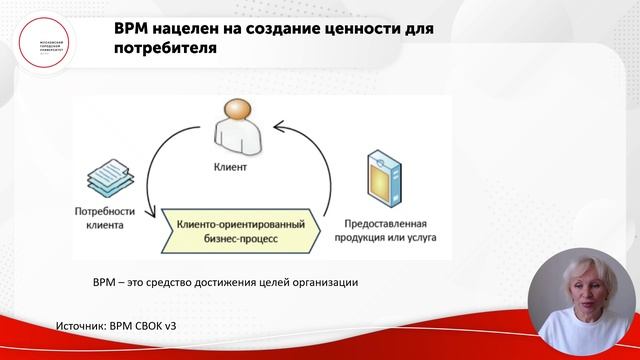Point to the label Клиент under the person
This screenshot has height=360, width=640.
(230, 167)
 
